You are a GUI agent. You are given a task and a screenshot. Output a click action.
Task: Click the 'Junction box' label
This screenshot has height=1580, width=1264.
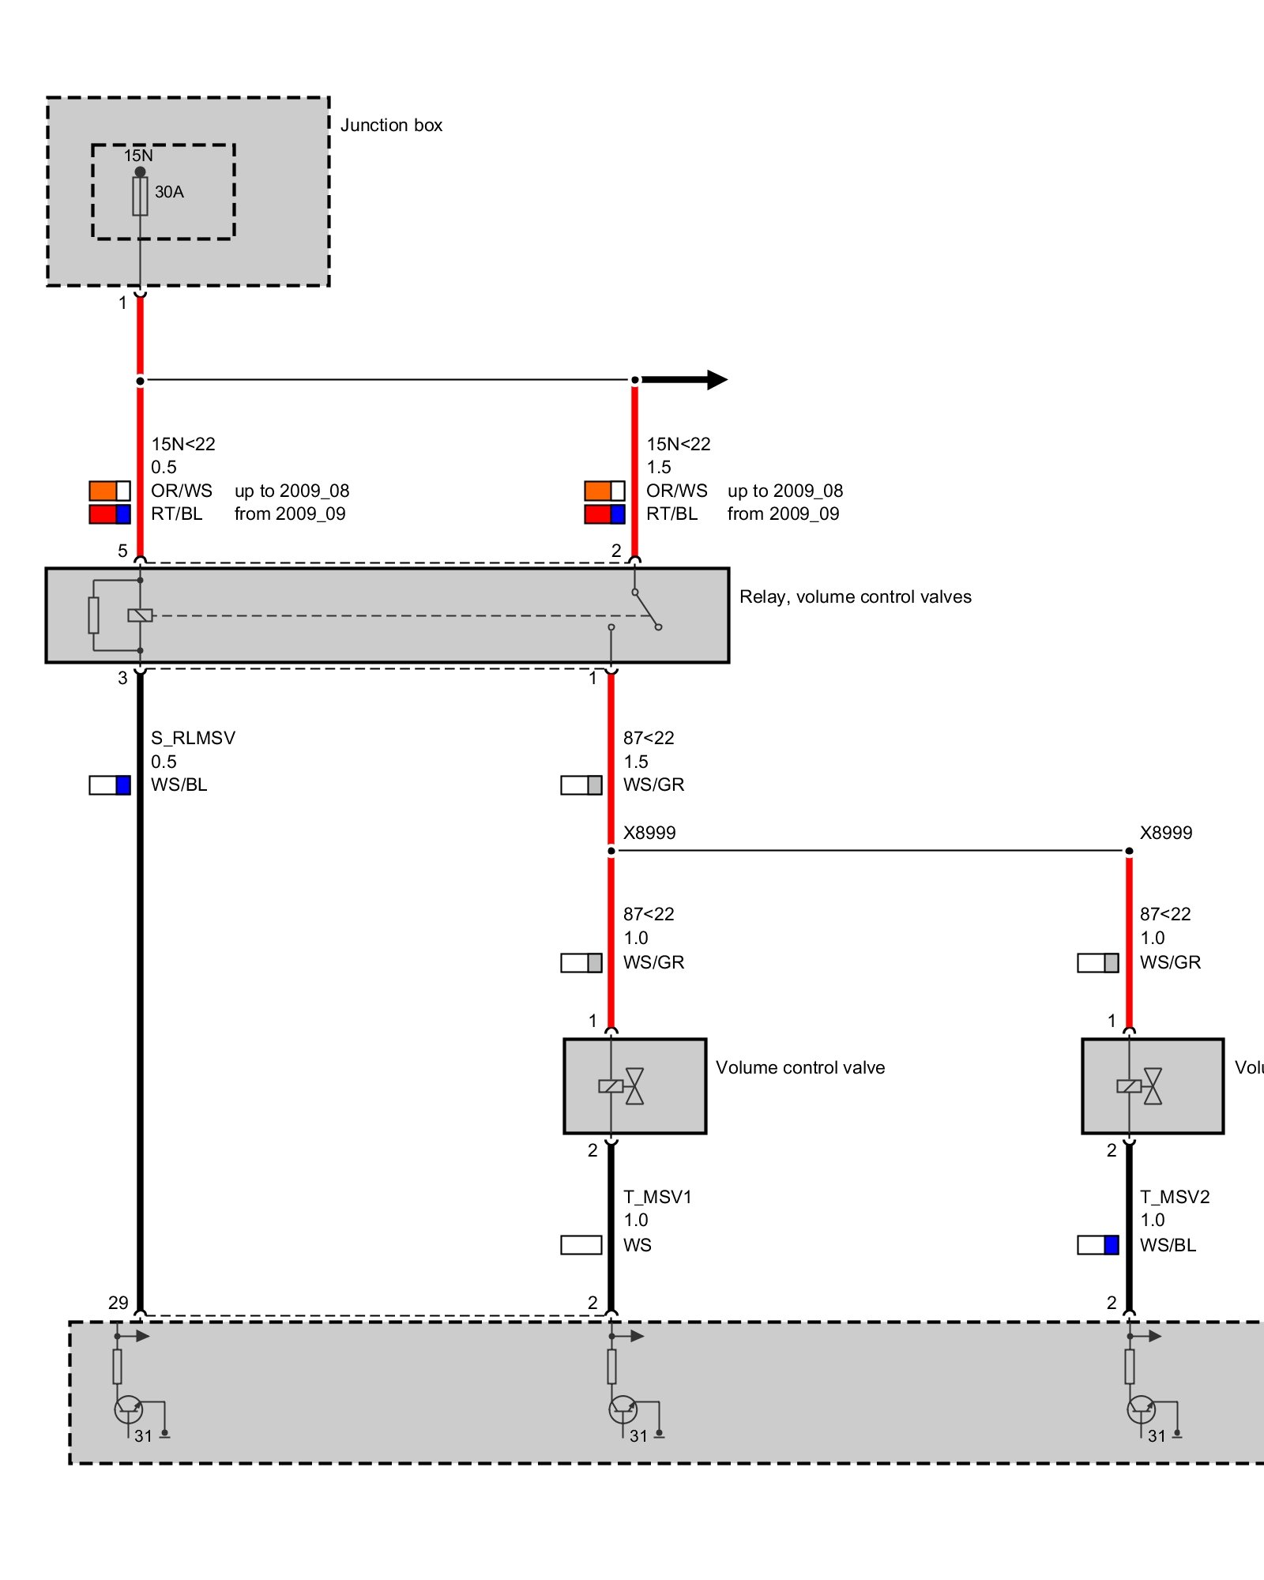pos(391,126)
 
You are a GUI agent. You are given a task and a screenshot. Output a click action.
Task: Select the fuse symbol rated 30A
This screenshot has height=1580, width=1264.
pos(140,196)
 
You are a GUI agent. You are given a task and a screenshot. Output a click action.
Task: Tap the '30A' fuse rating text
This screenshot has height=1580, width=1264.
pos(169,192)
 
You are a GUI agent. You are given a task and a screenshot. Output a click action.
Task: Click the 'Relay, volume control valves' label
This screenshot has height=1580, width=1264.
pos(855,597)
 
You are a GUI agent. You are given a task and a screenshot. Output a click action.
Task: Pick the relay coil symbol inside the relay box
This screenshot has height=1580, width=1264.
pos(140,615)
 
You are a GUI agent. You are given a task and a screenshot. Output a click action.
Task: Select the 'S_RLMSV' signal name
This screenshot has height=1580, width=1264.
pos(193,738)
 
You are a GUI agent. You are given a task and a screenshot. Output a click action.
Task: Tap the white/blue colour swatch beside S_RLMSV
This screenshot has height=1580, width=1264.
pos(110,785)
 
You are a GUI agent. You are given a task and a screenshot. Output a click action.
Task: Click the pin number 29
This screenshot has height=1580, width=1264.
pos(118,1303)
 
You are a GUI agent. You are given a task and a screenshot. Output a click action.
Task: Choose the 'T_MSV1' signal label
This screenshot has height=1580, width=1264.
pos(657,1197)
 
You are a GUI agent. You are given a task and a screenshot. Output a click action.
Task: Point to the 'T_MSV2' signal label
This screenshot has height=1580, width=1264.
pos(1175,1197)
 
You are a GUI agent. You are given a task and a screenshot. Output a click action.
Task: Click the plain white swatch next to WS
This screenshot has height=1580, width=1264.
pos(581,1245)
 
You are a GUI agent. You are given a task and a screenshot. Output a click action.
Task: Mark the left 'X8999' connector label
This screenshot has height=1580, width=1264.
pos(649,833)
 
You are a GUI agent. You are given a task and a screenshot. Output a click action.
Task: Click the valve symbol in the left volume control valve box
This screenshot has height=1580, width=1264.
pos(634,1086)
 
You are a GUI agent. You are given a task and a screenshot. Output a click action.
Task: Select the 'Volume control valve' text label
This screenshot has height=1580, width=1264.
pos(800,1068)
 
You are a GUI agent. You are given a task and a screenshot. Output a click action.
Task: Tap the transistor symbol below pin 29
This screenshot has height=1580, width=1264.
pos(129,1409)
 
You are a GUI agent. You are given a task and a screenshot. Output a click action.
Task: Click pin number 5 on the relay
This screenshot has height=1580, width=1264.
pos(122,551)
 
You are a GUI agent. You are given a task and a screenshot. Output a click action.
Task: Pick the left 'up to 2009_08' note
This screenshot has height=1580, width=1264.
pos(292,491)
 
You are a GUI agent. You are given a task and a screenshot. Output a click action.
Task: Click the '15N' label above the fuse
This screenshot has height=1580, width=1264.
pos(138,156)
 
